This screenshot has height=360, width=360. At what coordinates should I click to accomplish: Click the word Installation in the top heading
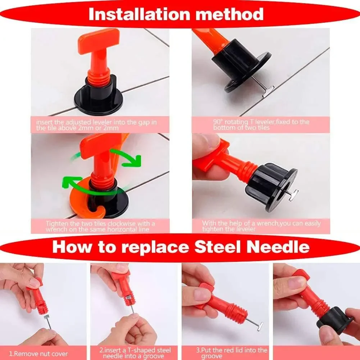pos(140,14)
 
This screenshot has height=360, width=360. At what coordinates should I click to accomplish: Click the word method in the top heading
pos(229,14)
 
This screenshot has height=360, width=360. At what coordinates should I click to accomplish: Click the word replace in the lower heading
pos(155,248)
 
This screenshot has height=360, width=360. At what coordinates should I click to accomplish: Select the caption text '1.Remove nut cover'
pos(38,354)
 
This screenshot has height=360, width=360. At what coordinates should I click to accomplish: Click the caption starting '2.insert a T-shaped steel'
pos(135,353)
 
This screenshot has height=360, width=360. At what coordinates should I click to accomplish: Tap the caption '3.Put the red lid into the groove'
pos(232,353)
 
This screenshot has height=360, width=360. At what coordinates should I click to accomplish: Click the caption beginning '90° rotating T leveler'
pos(261,124)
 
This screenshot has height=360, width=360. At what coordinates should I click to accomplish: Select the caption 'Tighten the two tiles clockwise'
pos(100,226)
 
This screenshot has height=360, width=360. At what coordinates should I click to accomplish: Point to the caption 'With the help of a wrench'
pos(261,226)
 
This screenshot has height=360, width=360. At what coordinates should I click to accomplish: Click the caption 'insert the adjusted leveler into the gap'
pos(96,125)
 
